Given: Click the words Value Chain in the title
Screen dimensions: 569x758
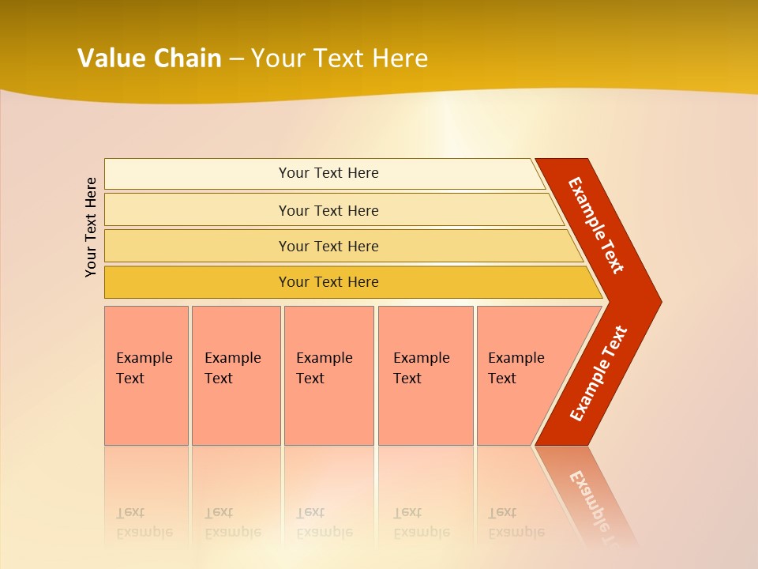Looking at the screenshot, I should [149, 58].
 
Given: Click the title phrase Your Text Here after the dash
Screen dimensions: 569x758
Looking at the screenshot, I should [340, 58].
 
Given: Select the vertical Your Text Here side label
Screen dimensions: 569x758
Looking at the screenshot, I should [91, 228].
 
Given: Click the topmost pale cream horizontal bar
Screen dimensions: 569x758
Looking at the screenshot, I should [197, 174].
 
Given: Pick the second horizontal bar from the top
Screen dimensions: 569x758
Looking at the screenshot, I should [197, 210].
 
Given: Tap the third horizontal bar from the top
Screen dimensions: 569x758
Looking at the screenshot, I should [197, 246].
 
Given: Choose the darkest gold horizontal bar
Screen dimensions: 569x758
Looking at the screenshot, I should [197, 282].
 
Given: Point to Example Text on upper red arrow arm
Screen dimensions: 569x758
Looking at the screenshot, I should [596, 225].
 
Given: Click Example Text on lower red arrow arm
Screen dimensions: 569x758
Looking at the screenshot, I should [599, 374].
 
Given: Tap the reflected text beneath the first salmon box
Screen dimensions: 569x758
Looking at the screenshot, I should [144, 522].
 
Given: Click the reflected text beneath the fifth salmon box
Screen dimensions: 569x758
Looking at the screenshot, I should [516, 522].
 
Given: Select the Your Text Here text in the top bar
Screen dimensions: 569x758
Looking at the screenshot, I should [328, 173].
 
